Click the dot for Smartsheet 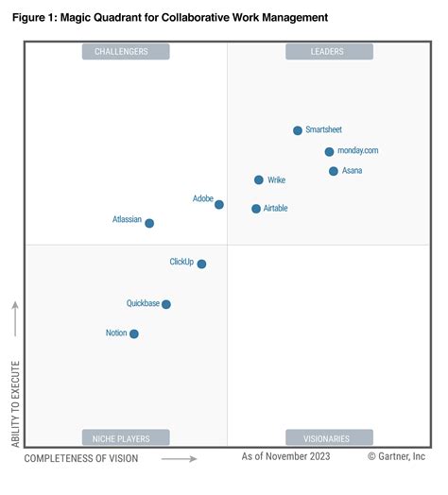coord(298,130)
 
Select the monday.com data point coord(329,151)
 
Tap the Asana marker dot coord(334,171)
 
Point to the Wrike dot coord(259,179)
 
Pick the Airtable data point coord(256,209)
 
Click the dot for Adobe coord(219,204)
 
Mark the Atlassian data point coord(149,223)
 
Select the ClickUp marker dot coord(201,264)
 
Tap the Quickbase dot coord(166,304)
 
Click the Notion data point coord(134,333)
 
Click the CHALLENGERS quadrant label coord(126,52)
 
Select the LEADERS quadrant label coord(328,52)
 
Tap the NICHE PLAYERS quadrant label coord(126,438)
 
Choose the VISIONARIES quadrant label coord(328,438)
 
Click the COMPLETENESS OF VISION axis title coord(81,458)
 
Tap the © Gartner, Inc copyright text coord(397,456)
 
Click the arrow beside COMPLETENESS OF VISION coord(179,459)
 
